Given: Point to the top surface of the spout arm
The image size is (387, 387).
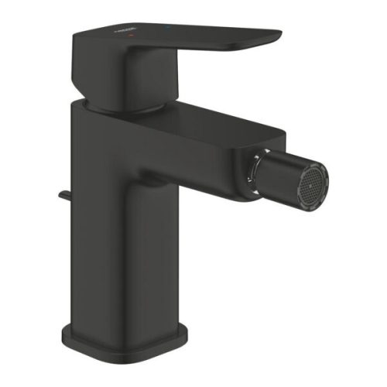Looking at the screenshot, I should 193,124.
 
